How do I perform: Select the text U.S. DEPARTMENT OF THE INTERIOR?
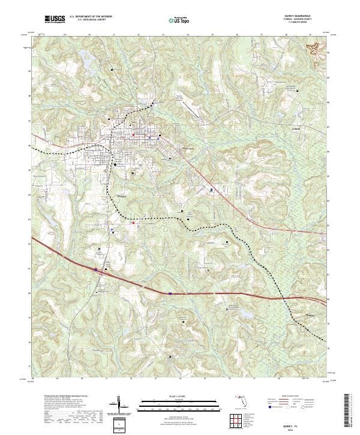click(x=90, y=18)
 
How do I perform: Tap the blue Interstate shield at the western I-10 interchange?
click(x=95, y=270)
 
